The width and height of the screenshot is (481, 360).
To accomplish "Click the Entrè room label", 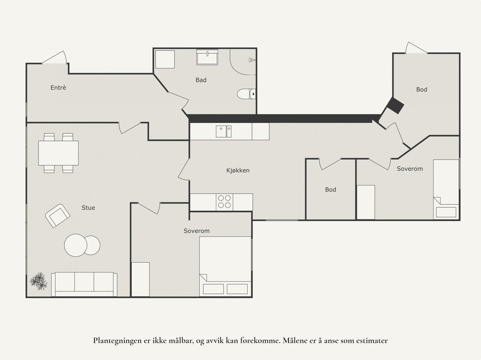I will pos(58,88).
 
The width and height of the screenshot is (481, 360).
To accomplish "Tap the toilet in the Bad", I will pos(246,94).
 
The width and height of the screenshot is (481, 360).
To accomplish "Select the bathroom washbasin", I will pos(207,57).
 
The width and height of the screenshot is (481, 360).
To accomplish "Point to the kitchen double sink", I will pos(224,131).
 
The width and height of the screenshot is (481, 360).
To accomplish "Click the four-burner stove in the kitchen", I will pos(224,202).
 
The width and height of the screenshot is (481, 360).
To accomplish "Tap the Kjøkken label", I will pos(238,170).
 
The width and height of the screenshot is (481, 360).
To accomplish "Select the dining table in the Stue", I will pos(58,153).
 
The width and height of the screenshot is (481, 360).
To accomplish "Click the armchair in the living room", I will pos(57,215).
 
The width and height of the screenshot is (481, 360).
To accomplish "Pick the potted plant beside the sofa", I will pos(38,281).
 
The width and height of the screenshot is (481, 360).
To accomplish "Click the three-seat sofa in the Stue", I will pos(84,284).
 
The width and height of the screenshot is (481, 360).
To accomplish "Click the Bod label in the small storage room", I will pos(330,190).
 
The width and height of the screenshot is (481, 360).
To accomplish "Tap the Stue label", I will pos(88,208).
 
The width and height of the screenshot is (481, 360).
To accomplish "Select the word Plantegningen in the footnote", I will pos(116,341).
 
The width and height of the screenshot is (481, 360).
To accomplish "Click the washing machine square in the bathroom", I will pos(164,59).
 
